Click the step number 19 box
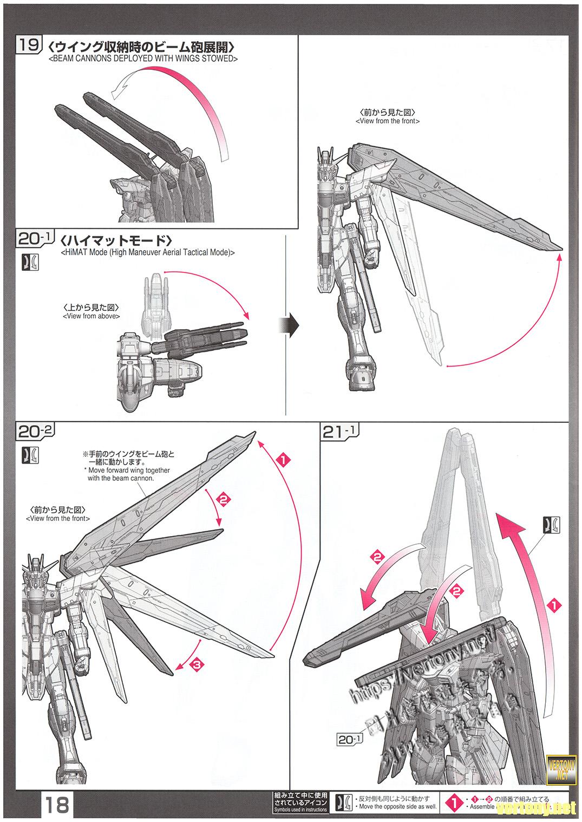(28, 44)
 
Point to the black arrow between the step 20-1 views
(291, 326)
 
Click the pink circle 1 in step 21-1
(552, 606)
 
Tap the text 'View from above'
(91, 316)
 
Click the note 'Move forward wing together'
(129, 471)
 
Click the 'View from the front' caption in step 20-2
(58, 519)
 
